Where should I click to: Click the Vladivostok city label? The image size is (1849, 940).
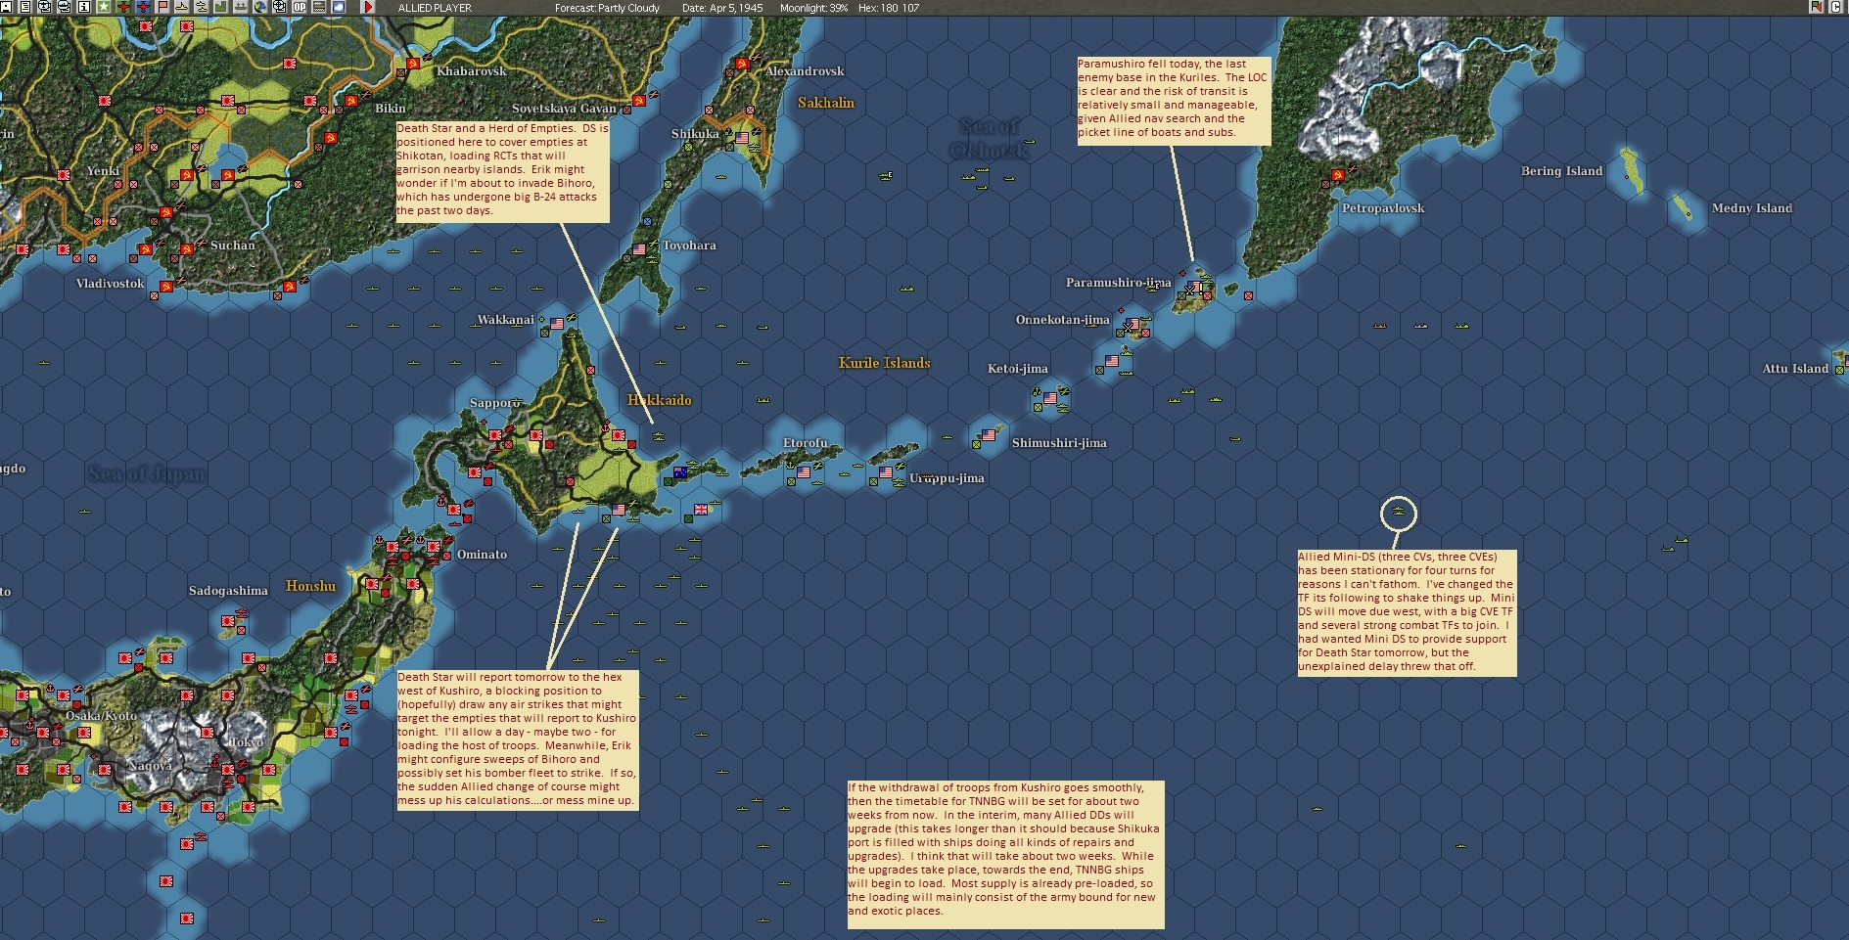[110, 284]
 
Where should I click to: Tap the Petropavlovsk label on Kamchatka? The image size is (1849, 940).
[1383, 208]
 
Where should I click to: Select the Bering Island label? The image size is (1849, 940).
[1561, 171]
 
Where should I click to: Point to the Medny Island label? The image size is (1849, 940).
[1751, 208]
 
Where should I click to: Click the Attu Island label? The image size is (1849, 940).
[1795, 369]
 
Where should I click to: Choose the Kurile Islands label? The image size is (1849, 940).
[884, 363]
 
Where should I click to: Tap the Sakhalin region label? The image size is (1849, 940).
[825, 103]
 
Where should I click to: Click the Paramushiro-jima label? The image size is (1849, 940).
[1118, 283]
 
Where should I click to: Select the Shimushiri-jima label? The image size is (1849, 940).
[1059, 443]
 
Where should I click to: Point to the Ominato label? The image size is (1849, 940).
[482, 555]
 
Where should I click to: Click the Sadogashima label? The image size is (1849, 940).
[228, 591]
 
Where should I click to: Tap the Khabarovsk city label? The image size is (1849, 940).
[471, 71]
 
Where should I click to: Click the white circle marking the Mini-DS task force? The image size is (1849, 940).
[1398, 514]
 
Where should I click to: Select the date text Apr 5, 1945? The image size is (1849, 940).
[722, 8]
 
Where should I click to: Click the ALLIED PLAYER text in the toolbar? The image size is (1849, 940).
[435, 8]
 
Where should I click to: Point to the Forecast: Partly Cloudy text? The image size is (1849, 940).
[607, 8]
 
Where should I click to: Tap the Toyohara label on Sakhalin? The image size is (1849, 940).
[689, 246]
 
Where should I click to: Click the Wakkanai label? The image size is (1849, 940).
[505, 320]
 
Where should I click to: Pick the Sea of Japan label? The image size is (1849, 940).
[147, 474]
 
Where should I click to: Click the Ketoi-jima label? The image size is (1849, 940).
[1017, 369]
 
